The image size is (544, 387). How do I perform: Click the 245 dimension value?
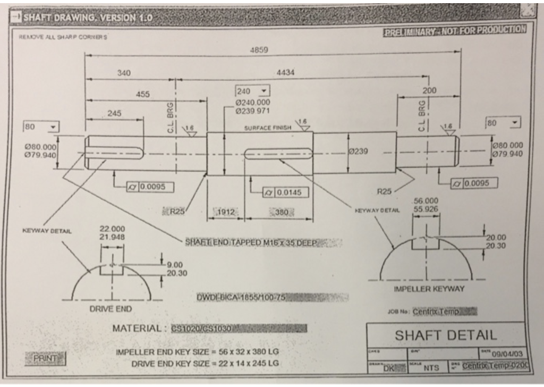click(114, 113)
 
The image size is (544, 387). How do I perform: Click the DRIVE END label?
click(111, 309)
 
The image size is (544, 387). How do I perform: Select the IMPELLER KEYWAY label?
click(429, 289)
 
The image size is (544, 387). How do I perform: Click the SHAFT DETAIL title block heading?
click(445, 335)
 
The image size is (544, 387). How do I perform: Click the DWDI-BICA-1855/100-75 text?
click(242, 297)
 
